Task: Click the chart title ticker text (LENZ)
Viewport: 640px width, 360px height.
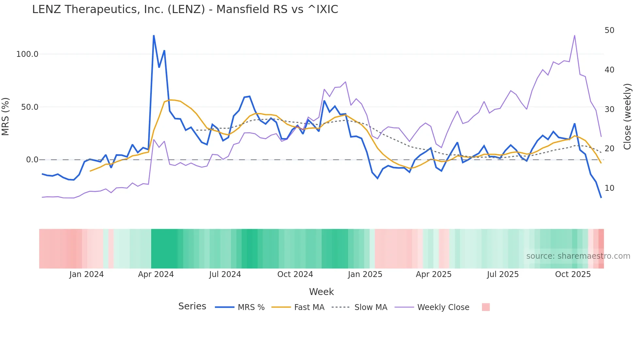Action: (x=186, y=9)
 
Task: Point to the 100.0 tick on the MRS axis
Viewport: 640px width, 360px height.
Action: (x=27, y=54)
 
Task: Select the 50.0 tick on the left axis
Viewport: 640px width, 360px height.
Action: (x=30, y=107)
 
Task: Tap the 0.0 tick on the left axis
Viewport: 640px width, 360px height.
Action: (x=32, y=160)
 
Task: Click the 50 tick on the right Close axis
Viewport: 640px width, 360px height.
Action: (x=609, y=30)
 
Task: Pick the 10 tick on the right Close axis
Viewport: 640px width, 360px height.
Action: (x=609, y=188)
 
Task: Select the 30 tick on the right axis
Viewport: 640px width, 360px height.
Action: (x=609, y=109)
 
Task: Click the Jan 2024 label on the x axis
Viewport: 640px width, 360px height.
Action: (x=87, y=274)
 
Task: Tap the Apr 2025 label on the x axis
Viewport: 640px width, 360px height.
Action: (x=433, y=274)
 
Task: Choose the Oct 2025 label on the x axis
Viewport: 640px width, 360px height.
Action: (x=573, y=274)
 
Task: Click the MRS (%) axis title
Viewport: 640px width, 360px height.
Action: (x=6, y=117)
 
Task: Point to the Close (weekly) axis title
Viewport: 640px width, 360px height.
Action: (x=627, y=117)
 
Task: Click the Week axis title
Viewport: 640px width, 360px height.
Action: (x=321, y=292)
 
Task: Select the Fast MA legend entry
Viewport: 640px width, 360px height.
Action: (x=309, y=307)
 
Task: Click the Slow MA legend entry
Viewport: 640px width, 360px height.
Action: (x=371, y=307)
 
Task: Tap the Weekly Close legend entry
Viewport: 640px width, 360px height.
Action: (x=443, y=307)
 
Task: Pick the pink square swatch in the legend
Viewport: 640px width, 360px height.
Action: (x=486, y=307)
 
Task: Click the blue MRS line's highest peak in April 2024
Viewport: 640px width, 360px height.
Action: (x=154, y=36)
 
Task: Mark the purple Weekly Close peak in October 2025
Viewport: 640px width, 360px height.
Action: (x=574, y=36)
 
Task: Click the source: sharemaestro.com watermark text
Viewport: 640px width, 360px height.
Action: (x=578, y=256)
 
